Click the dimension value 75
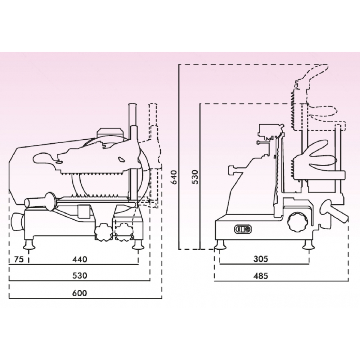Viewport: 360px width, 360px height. (19, 259)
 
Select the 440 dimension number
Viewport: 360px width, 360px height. (80, 259)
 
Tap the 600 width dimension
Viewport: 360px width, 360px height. (80, 293)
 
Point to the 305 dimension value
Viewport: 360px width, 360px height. (261, 259)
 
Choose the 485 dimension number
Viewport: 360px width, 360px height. (261, 276)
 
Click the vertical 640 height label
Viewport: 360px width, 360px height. (175, 177)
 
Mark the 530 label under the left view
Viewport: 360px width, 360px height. (80, 275)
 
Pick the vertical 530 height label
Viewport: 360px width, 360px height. (195, 177)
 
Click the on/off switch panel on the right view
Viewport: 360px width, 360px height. (243, 229)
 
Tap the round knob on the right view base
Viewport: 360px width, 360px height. (298, 222)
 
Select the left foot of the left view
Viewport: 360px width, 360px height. (29, 244)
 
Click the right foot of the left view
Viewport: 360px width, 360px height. (138, 244)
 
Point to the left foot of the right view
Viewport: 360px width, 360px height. (220, 244)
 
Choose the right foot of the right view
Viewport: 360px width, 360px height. (309, 244)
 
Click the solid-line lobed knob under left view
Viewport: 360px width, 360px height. (104, 232)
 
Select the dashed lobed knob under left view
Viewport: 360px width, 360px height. (124, 232)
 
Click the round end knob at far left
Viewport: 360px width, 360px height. (17, 222)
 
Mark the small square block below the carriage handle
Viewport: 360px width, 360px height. (84, 211)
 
